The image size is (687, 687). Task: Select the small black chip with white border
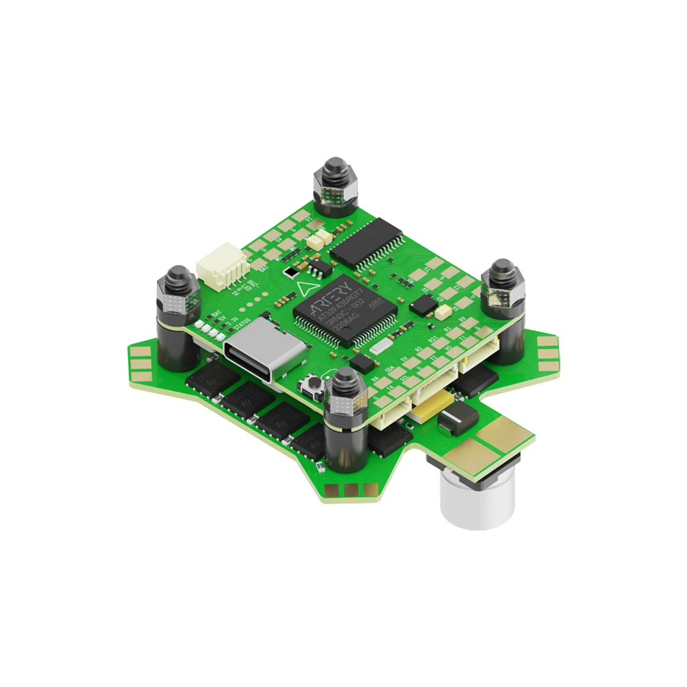point(290,272)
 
